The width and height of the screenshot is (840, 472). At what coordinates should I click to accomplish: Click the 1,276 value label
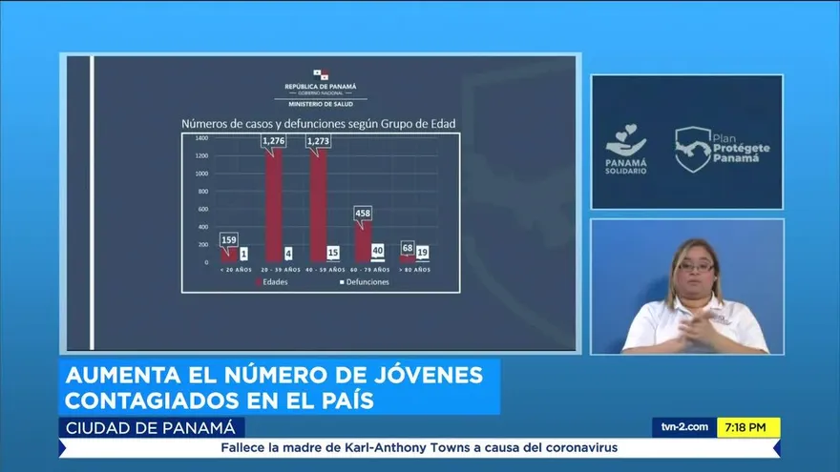[274, 142]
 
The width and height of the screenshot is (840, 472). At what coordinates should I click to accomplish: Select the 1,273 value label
[319, 142]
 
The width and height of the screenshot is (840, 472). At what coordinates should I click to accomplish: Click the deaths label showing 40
[378, 251]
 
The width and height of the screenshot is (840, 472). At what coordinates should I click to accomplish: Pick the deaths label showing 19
[423, 253]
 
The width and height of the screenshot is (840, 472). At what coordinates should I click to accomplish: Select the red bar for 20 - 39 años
[274, 205]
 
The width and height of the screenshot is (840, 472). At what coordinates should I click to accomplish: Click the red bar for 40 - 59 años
[318, 205]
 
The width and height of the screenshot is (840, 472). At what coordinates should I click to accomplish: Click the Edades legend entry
[274, 282]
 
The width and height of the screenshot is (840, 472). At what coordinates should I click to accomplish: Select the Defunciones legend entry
[364, 282]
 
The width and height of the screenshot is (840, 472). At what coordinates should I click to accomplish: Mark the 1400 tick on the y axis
[201, 137]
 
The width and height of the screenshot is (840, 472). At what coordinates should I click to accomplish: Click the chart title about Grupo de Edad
[319, 123]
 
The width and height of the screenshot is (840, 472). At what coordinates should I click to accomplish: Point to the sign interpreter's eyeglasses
[696, 267]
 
